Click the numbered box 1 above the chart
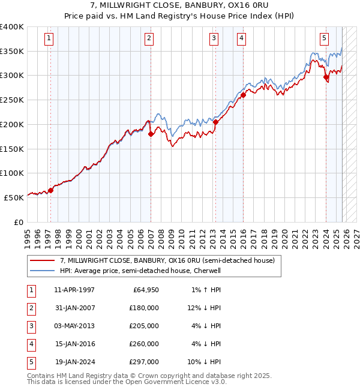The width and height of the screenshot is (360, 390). (49, 38)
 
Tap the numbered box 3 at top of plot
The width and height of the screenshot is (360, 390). (214, 38)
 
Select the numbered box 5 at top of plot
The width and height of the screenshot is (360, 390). (324, 38)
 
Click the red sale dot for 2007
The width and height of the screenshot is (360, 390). (151, 134)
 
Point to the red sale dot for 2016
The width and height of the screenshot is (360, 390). (244, 95)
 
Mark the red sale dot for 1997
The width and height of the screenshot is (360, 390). (50, 191)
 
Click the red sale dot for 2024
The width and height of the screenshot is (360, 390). (326, 77)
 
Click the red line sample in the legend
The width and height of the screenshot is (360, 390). (42, 260)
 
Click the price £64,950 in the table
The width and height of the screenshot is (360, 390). (144, 290)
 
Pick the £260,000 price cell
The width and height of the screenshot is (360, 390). (144, 344)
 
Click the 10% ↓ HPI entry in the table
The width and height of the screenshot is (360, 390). (206, 362)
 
